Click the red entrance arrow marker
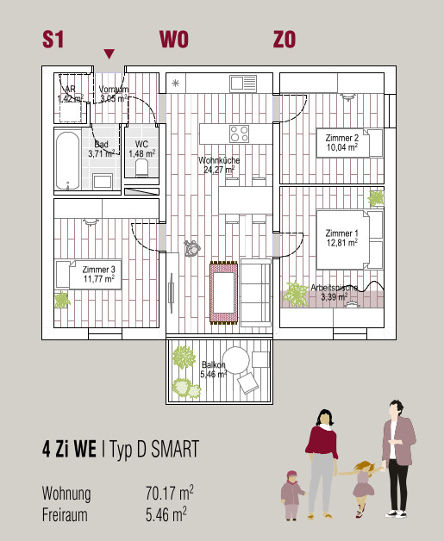coord(109,53)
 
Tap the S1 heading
coord(53,40)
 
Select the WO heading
coord(174,40)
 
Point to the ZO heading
coord(285,40)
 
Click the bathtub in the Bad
coord(67,160)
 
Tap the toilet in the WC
coord(141,168)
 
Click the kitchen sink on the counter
coord(243,84)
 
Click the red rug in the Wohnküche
coord(224,293)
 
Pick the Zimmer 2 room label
coord(341,138)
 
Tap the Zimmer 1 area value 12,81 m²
coord(342,243)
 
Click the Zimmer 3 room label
coord(99,270)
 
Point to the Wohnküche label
coord(219,160)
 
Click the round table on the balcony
coord(235,360)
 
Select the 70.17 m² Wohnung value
coord(169,493)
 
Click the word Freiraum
coord(65,515)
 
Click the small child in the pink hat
coord(292,495)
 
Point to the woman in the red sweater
coord(322,463)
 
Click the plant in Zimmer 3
coord(62,300)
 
